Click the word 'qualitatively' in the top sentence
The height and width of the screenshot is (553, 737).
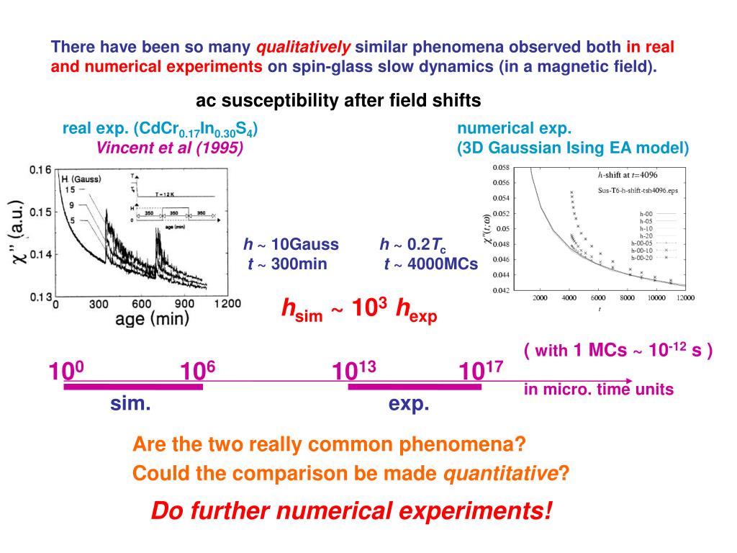304,48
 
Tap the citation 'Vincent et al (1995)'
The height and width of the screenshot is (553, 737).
169,148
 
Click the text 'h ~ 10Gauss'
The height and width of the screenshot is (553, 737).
291,245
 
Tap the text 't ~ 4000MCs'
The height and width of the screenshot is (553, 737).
430,264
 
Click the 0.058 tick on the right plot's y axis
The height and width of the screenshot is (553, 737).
501,167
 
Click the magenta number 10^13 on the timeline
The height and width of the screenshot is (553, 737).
354,371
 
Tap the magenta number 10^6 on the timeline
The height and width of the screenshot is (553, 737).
198,371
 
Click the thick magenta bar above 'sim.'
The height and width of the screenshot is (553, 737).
133,387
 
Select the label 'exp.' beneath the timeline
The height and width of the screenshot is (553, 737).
409,404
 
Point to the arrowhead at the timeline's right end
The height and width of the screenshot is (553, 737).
630,381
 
